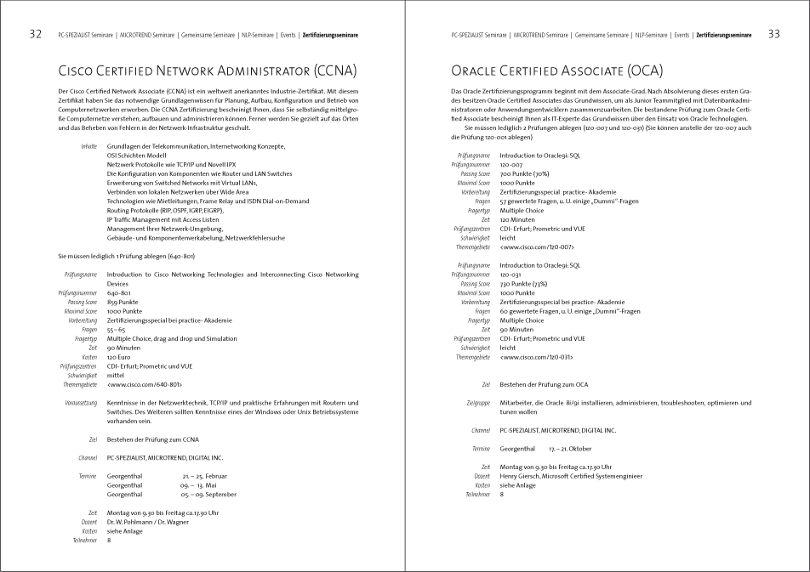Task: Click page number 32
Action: (x=36, y=35)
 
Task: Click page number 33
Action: (x=773, y=35)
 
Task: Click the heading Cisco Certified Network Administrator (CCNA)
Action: (x=207, y=70)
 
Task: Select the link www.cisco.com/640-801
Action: (x=144, y=384)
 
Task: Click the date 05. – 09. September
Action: (x=209, y=494)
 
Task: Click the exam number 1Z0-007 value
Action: (x=513, y=165)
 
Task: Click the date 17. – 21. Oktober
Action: (x=569, y=448)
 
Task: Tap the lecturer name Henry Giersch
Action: (x=522, y=476)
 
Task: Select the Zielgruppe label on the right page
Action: (x=479, y=403)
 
